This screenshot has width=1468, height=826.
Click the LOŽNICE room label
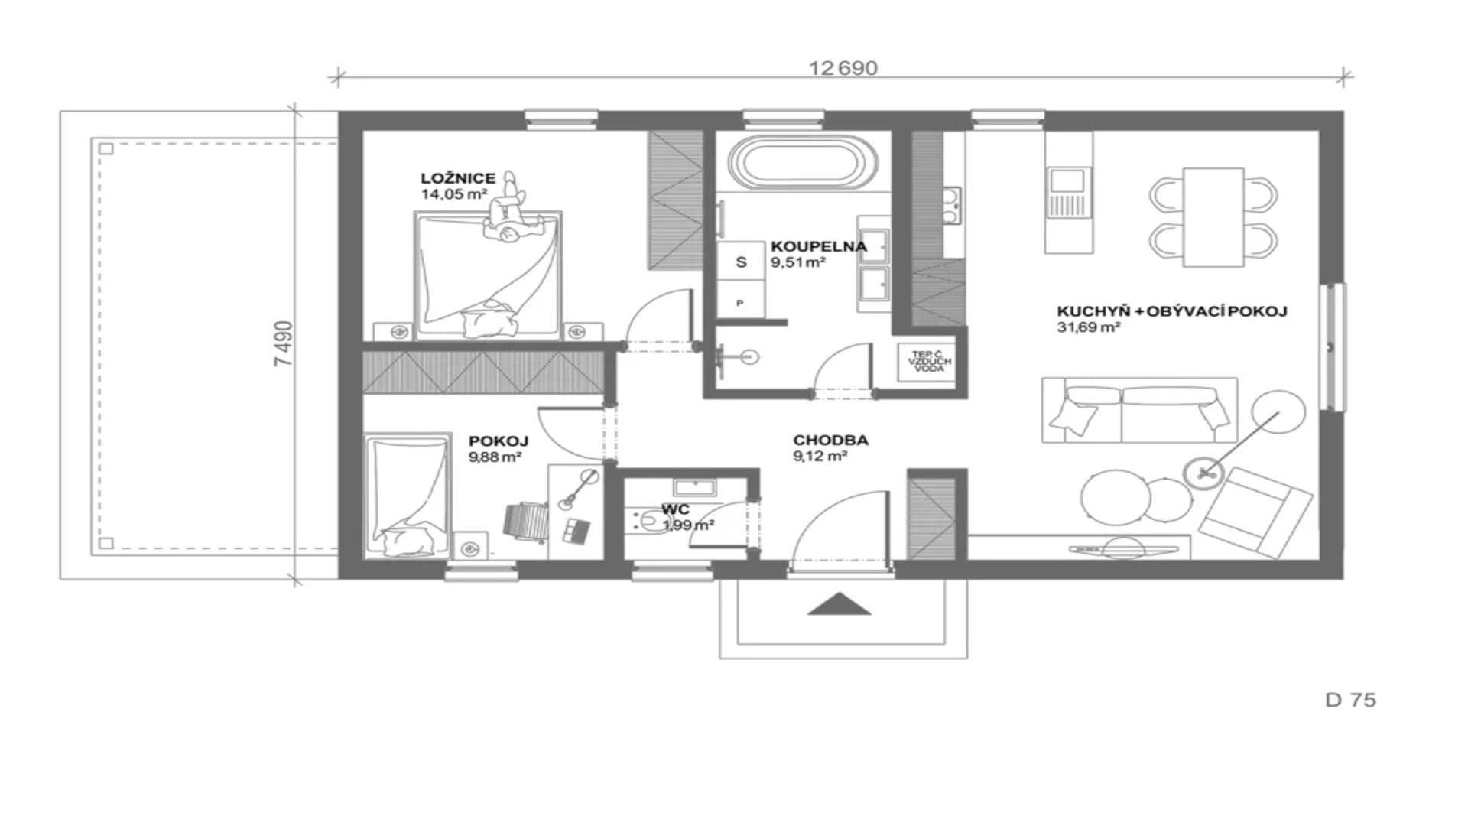[458, 178]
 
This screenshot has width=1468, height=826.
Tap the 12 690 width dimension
[843, 68]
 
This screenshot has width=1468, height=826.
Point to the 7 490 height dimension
[284, 343]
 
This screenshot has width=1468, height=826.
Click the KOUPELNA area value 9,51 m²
[798, 262]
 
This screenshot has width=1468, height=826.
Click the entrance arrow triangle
[840, 603]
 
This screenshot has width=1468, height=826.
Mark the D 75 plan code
[1350, 700]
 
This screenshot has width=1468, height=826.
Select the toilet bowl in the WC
[648, 522]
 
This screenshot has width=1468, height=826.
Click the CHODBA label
[830, 441]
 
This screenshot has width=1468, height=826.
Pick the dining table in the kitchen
[1213, 217]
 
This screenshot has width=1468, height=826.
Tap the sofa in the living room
[1139, 410]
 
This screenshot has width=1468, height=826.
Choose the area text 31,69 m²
[1089, 327]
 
